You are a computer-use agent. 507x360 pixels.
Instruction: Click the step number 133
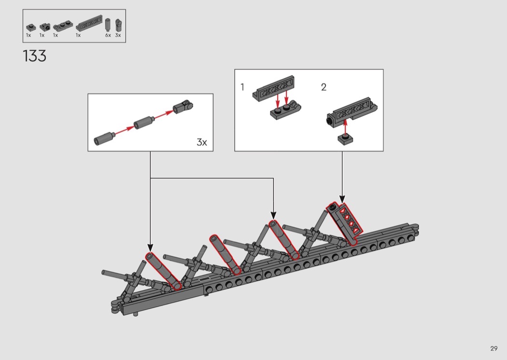click(35, 56)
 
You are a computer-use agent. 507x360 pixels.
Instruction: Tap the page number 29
click(494, 348)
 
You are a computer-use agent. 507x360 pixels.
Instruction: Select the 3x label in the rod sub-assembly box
click(202, 142)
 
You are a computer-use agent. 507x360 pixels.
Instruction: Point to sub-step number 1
click(242, 87)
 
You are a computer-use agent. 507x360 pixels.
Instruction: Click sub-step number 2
click(324, 87)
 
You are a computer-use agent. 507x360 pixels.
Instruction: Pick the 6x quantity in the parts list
click(108, 35)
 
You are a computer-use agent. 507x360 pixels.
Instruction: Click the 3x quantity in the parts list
click(118, 35)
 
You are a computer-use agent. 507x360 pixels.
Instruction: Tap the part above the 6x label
click(108, 25)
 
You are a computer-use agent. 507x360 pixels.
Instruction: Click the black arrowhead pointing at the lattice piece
click(342, 199)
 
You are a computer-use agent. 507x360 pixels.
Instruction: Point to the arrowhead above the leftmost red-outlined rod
click(150, 247)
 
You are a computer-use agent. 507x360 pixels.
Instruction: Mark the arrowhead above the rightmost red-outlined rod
click(274, 215)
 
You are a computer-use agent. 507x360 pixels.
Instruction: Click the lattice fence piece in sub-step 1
click(274, 89)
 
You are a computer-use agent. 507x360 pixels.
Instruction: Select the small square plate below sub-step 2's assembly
click(345, 139)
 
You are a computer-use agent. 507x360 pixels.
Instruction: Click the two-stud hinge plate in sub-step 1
click(286, 111)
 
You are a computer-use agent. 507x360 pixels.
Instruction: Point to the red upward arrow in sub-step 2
click(345, 126)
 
